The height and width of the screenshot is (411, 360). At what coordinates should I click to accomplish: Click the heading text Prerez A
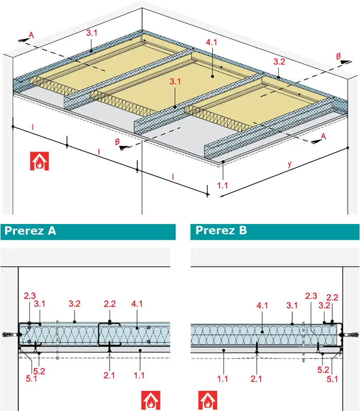(x=30, y=231)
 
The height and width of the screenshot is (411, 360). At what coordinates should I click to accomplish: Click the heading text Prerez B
(x=221, y=230)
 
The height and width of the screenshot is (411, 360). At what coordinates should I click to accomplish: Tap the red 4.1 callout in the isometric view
(x=211, y=42)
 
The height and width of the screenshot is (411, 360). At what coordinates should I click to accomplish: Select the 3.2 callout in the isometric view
(x=279, y=62)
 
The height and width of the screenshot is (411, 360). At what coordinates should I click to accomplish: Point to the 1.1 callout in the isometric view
(x=222, y=185)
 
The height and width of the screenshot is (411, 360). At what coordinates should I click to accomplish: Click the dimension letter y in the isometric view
(x=290, y=164)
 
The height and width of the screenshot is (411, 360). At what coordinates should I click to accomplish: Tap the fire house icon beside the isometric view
(x=40, y=161)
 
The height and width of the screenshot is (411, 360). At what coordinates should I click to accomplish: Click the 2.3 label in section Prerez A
(x=30, y=296)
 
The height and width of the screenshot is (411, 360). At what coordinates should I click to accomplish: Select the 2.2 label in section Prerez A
(x=110, y=304)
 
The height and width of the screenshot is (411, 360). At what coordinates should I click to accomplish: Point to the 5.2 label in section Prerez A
(x=39, y=371)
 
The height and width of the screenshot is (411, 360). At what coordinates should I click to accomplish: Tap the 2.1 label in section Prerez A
(x=109, y=376)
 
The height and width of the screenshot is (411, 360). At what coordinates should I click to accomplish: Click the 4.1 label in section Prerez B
(x=262, y=305)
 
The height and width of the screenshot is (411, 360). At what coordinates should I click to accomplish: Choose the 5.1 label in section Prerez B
(x=332, y=379)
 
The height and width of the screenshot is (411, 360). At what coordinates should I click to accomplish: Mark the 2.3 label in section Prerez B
(x=311, y=296)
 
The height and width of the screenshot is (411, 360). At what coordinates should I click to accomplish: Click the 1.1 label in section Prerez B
(x=222, y=379)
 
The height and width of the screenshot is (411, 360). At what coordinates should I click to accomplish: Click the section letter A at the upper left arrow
(x=31, y=35)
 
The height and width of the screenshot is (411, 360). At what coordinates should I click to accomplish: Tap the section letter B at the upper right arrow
(x=338, y=56)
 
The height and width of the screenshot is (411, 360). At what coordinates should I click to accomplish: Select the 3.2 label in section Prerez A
(x=75, y=304)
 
